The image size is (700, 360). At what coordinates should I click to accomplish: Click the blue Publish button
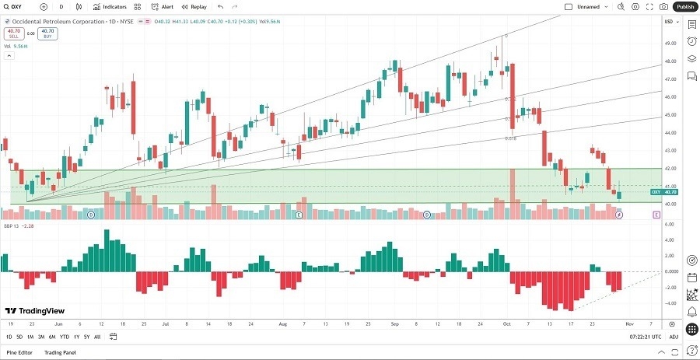pos(684,6)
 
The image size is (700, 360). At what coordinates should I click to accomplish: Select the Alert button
pos(163,6)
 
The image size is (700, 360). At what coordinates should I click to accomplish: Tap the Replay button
pos(194,6)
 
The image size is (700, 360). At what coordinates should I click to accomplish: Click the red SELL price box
pos(13,33)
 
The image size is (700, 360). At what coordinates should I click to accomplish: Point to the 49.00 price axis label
pos(669,43)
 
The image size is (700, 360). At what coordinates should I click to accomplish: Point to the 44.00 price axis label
pos(669,132)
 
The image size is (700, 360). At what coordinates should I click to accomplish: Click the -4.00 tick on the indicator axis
pos(669,303)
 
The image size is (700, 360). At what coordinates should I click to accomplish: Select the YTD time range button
pos(64,337)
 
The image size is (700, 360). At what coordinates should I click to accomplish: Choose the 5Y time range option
pos(86,337)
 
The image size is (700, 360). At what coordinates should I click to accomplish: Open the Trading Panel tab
pos(61,353)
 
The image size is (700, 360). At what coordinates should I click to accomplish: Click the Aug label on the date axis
pos(282,323)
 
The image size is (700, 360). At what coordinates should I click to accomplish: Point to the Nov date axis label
pos(629,323)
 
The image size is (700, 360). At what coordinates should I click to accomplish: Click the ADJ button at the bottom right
pos(674,337)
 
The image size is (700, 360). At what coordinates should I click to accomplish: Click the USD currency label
pos(669,21)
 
